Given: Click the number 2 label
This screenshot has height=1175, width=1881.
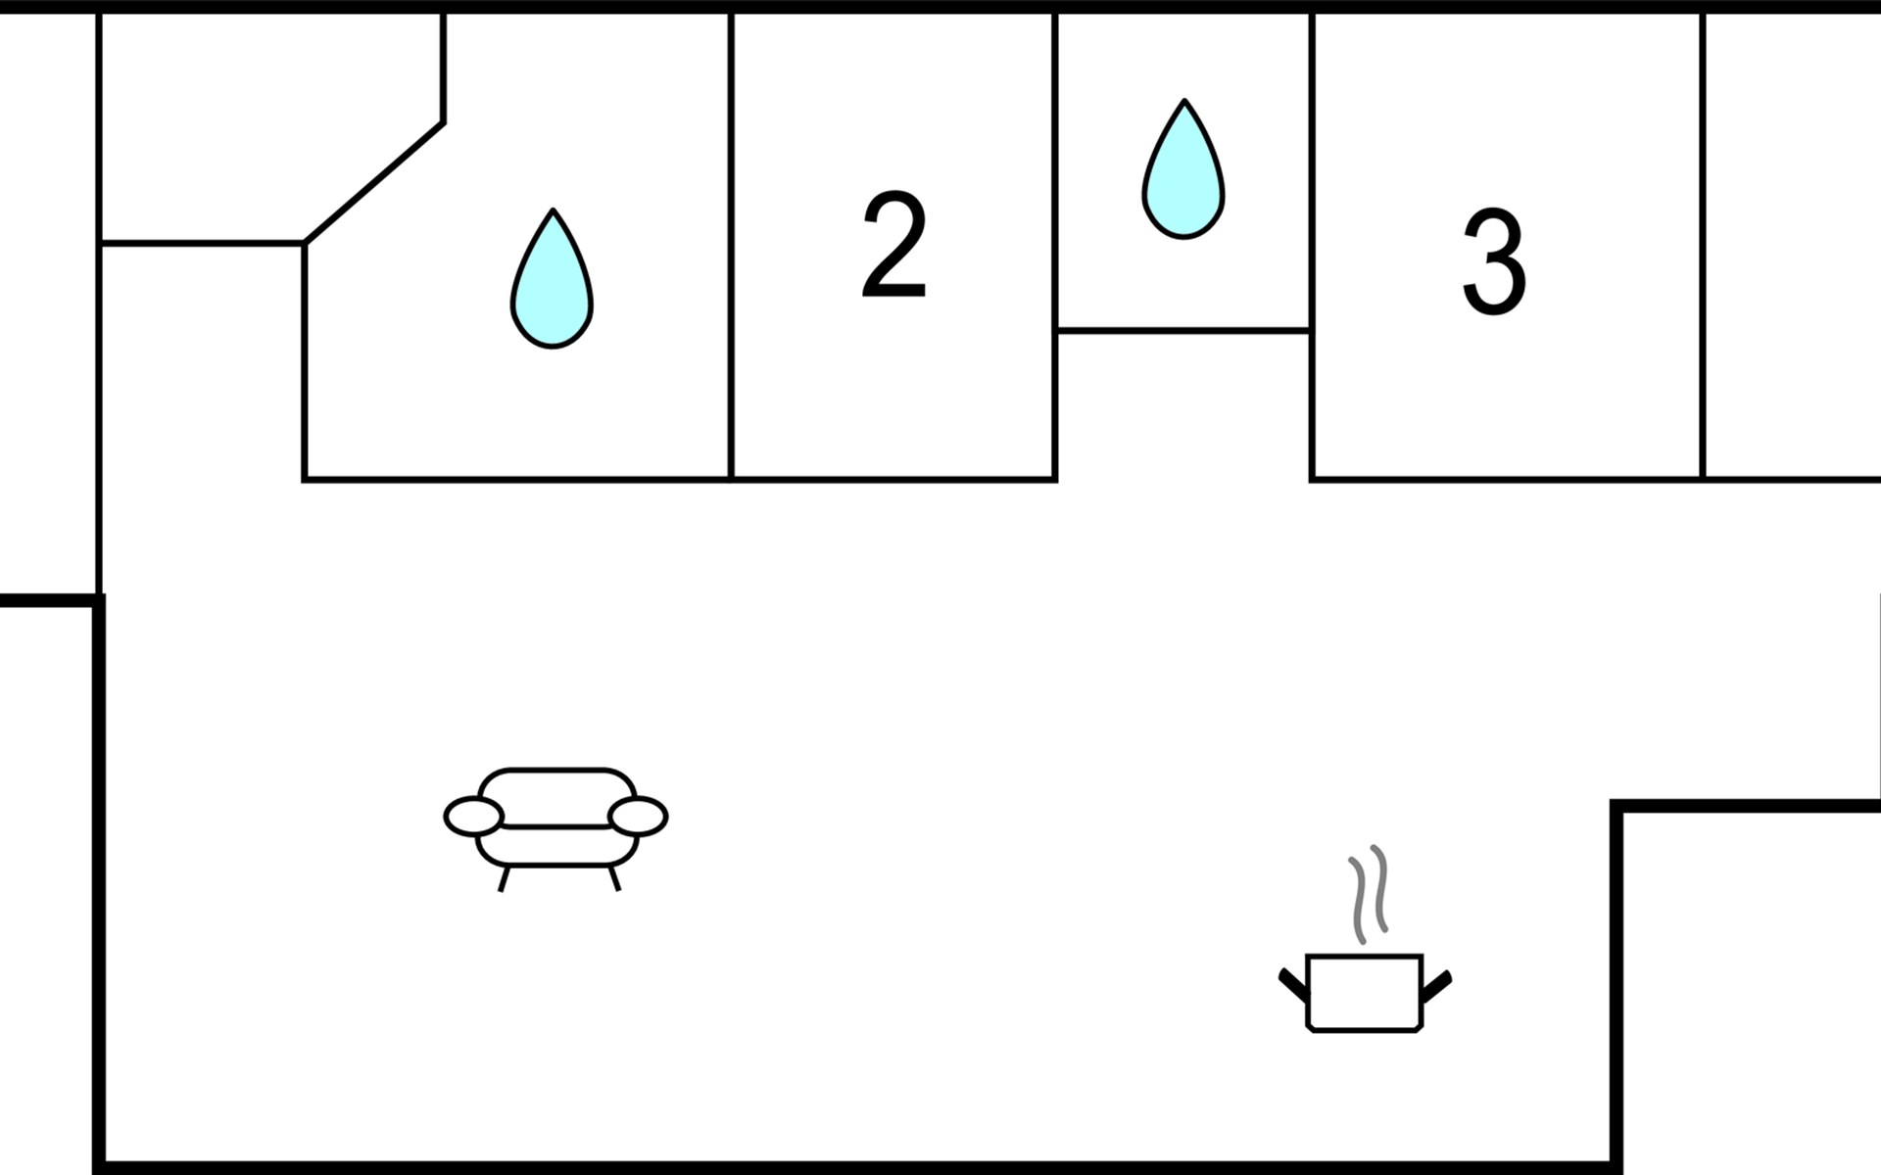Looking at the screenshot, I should (x=893, y=246).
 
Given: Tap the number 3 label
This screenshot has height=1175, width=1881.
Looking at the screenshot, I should (x=1494, y=262).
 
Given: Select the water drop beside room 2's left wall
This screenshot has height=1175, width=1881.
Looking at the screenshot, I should (x=552, y=282).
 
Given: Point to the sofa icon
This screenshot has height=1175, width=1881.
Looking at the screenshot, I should (x=555, y=822).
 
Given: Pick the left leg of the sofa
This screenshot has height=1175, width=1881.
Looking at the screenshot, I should (x=504, y=878).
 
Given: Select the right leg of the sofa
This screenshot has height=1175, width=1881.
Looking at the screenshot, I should (x=614, y=878).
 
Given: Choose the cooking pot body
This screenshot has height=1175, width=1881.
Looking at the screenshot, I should (x=1364, y=992).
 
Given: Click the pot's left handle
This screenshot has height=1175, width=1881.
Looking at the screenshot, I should (x=1293, y=984).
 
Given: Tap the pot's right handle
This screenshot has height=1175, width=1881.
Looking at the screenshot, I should (x=1436, y=984).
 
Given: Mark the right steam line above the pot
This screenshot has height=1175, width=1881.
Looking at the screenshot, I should (x=1380, y=888).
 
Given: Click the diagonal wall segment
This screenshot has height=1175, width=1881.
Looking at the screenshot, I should (x=374, y=183).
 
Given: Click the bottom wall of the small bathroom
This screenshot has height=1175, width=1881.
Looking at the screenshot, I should (x=1183, y=331).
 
